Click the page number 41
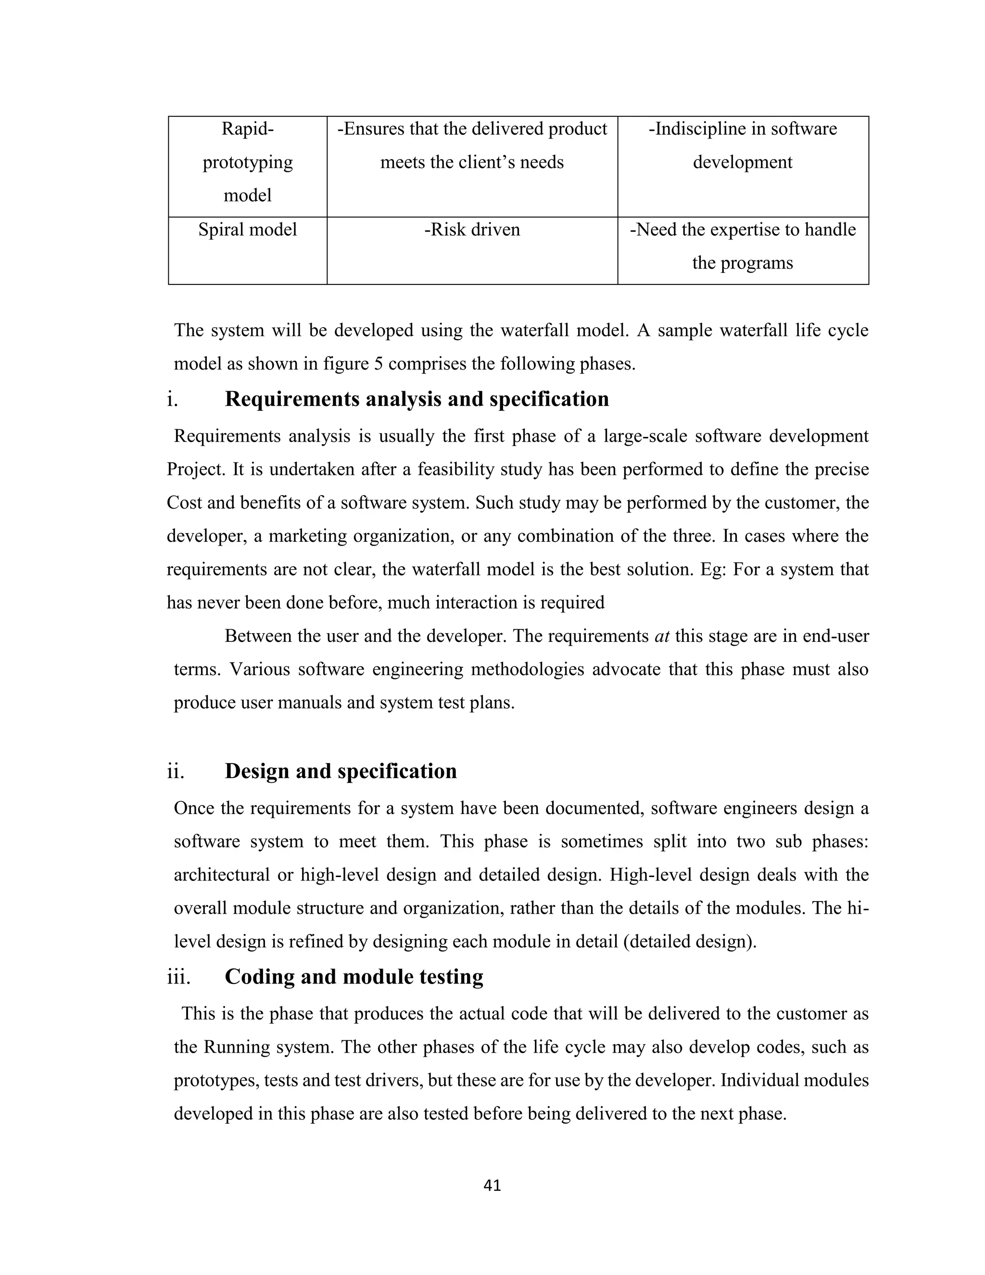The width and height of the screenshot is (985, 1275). (492, 1185)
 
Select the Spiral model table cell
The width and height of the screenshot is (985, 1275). (247, 229)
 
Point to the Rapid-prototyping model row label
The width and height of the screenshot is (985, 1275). (247, 162)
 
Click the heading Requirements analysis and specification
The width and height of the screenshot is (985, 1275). (417, 399)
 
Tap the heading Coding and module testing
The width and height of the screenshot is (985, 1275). (354, 976)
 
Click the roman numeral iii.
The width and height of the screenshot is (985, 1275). (178, 977)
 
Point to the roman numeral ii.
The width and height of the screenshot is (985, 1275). (176, 771)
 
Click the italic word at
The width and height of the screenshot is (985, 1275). (662, 636)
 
